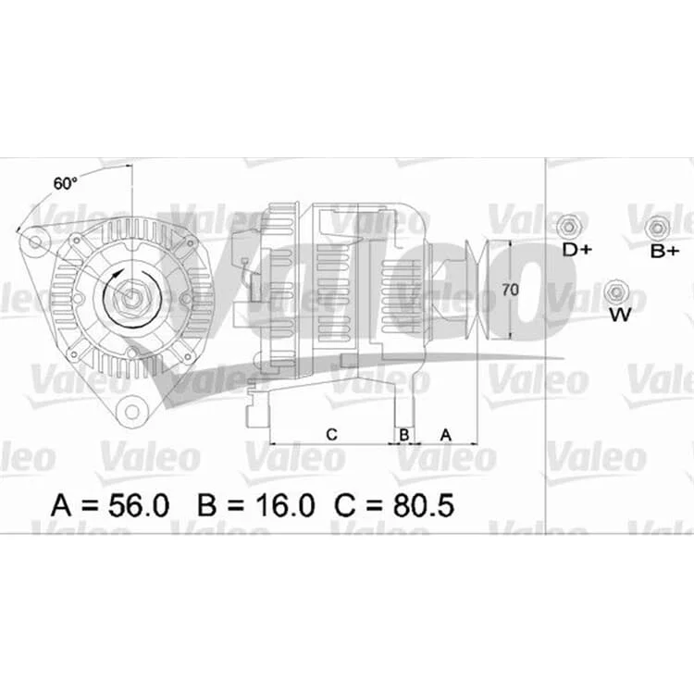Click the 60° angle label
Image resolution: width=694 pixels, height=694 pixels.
pyautogui.click(x=65, y=183)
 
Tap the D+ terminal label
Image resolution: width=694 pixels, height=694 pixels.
pyautogui.click(x=576, y=250)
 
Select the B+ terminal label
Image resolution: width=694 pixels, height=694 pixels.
pyautogui.click(x=664, y=252)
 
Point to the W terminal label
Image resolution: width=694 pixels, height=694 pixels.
pyautogui.click(x=620, y=316)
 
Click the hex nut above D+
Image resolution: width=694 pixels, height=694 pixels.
pyautogui.click(x=568, y=227)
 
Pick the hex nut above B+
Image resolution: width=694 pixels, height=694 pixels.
pyautogui.click(x=658, y=228)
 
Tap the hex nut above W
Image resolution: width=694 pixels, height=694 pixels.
pyautogui.click(x=615, y=292)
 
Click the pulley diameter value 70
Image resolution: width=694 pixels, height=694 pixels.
pyautogui.click(x=510, y=290)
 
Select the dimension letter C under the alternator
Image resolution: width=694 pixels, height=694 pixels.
pyautogui.click(x=331, y=435)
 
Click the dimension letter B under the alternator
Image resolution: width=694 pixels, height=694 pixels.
pyautogui.click(x=404, y=435)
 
